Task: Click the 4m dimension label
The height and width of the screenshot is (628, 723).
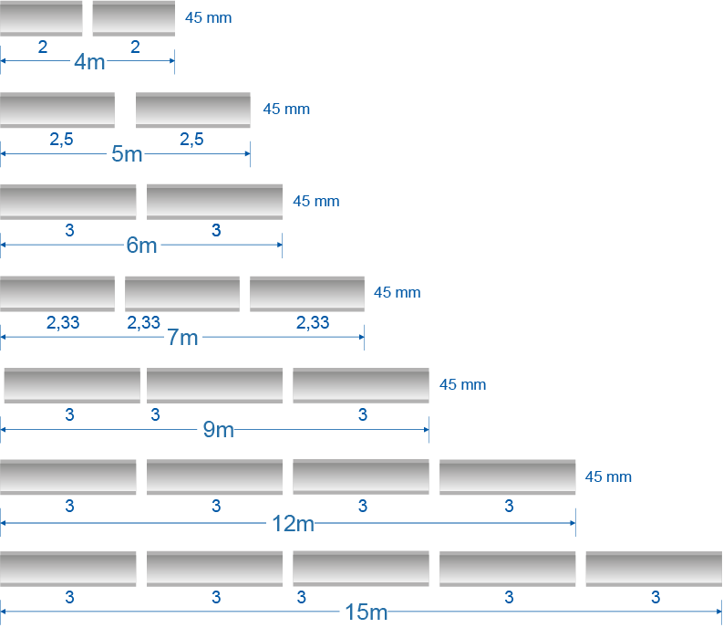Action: tap(89, 62)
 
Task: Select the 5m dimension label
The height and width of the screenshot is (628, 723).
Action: tap(127, 154)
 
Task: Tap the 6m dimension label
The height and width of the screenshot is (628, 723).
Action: tap(141, 246)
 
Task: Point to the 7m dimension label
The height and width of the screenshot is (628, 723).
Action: tap(182, 338)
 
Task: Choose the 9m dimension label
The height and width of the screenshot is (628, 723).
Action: tap(218, 429)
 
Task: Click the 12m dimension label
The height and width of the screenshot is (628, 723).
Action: tap(293, 523)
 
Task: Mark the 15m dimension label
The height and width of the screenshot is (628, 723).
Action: tap(367, 612)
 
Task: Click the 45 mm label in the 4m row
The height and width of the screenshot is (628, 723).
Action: tap(208, 17)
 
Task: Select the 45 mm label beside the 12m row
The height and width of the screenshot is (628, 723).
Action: tap(608, 476)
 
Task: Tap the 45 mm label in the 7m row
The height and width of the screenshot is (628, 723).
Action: tap(397, 293)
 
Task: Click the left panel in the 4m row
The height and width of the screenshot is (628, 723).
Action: tap(41, 18)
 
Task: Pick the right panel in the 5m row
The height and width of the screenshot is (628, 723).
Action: tap(192, 110)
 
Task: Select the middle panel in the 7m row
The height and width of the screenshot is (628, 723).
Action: tap(182, 293)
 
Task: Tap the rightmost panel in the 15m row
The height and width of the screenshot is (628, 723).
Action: tap(654, 569)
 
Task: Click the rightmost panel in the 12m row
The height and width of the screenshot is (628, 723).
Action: tap(507, 476)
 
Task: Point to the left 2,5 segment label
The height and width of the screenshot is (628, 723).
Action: tap(61, 140)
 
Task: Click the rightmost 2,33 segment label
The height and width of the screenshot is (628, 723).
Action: tap(313, 322)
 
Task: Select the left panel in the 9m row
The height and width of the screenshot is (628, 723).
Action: tap(72, 384)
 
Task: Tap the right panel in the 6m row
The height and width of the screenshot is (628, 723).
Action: tap(214, 202)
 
